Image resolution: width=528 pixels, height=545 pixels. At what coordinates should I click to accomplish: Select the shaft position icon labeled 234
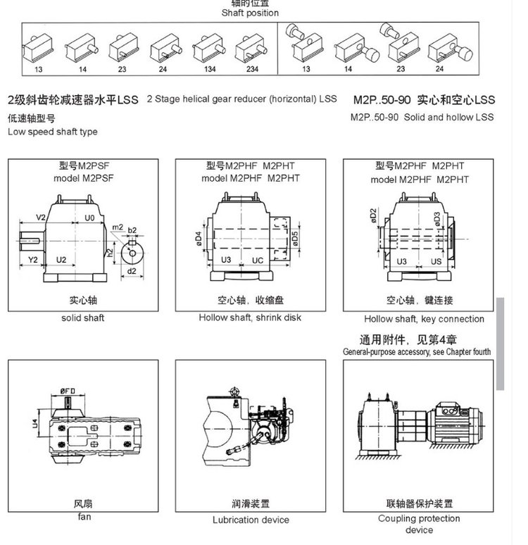251,50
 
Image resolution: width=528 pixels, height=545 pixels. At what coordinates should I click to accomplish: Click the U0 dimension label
89,218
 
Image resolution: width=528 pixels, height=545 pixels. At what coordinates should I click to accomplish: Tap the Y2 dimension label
32,261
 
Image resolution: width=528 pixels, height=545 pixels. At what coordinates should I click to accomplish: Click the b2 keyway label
132,230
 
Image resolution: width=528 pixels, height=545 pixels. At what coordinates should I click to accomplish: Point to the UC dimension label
257,261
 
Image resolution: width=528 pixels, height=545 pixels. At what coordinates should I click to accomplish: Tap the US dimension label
436,261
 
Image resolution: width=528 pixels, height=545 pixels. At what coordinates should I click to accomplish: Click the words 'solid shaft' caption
83,318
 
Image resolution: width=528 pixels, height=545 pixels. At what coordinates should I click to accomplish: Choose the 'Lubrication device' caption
251,520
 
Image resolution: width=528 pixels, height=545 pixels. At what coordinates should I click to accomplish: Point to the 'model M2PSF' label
83,179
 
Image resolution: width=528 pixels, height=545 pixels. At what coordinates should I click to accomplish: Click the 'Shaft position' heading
250,13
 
